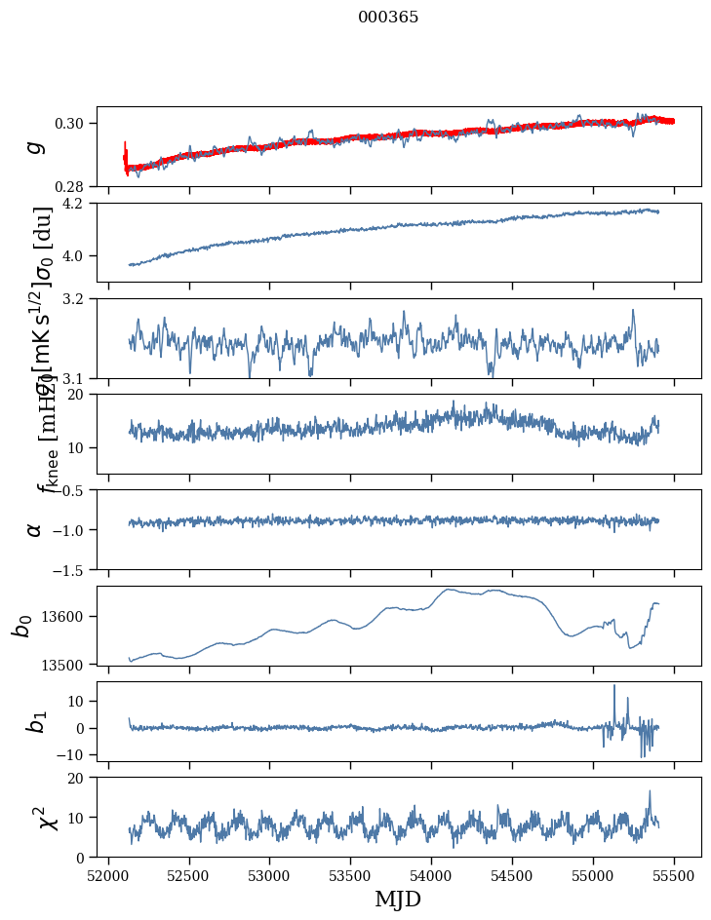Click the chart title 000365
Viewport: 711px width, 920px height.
click(x=388, y=18)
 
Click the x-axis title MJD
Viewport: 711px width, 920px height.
click(x=398, y=900)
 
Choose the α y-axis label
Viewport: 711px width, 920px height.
click(x=35, y=529)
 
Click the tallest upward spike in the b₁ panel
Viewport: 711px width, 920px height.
click(x=614, y=686)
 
